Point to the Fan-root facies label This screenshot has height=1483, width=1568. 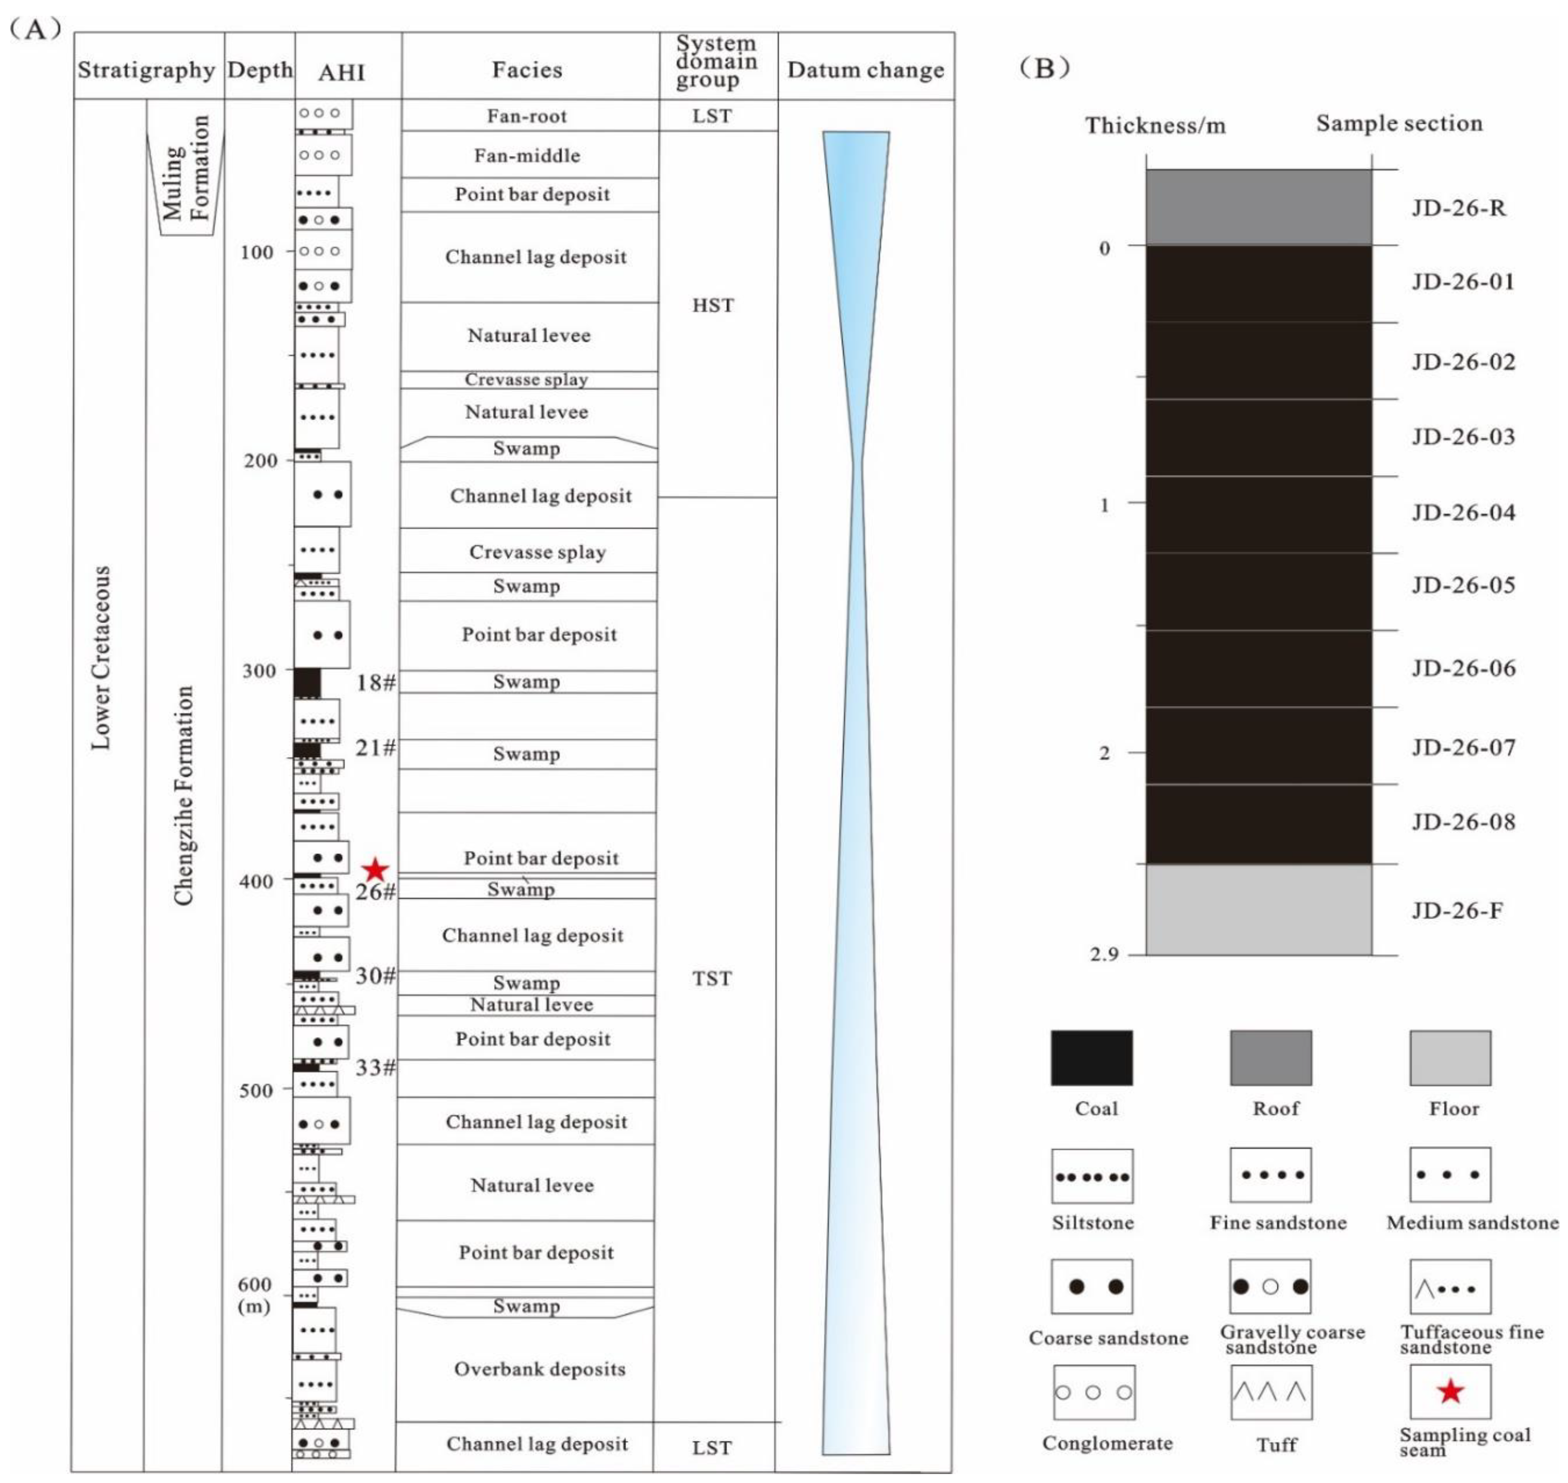pos(527,116)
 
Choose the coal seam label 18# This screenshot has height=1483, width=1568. pos(375,682)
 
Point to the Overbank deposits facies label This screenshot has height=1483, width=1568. pos(539,1369)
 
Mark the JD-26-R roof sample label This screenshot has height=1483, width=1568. pos(1459,209)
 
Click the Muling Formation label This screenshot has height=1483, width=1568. pos(186,168)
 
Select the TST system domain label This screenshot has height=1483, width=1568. pos(712,979)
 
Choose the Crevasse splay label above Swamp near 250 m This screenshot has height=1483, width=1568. pos(538,552)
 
